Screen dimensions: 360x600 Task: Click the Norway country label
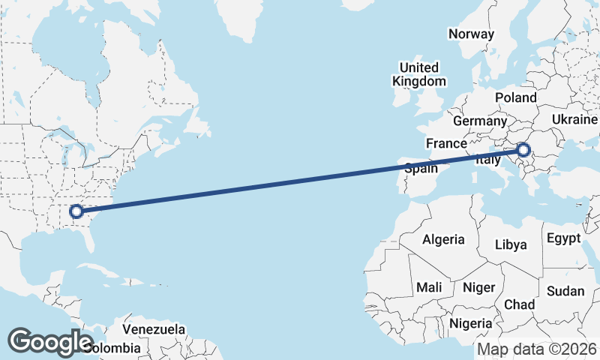471,34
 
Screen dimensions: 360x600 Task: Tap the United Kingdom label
419,74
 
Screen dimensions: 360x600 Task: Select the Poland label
516,97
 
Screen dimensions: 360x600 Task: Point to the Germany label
480,121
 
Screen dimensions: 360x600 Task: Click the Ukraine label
574,119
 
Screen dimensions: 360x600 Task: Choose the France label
446,143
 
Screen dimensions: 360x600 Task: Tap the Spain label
421,169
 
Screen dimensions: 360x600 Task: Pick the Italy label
487,160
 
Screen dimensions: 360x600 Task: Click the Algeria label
443,240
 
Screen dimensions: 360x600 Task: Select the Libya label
511,244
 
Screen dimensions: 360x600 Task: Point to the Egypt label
564,238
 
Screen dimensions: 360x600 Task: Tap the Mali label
429,287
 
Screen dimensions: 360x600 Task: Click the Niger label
479,287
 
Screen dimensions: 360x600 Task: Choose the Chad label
519,304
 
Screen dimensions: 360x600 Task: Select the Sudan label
566,291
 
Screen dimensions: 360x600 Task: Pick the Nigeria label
470,323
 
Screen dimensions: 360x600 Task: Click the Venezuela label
154,329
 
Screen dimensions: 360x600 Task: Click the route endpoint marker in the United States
76,211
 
